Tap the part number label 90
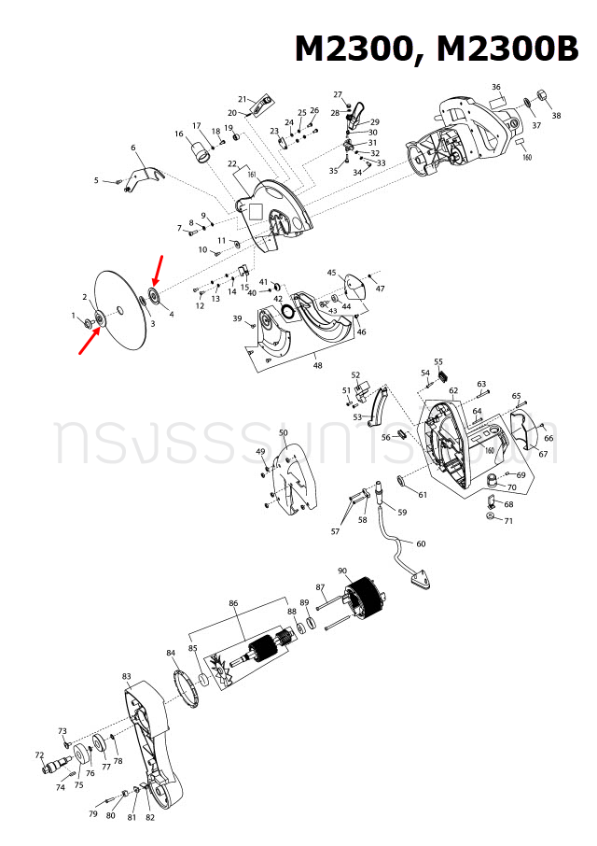pyautogui.click(x=342, y=571)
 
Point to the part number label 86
pyautogui.click(x=234, y=604)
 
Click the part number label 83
pyautogui.click(x=127, y=675)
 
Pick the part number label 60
pyautogui.click(x=420, y=543)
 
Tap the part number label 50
pyautogui.click(x=284, y=433)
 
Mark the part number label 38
pyautogui.click(x=556, y=116)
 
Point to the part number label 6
pyautogui.click(x=133, y=148)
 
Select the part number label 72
pyautogui.click(x=39, y=754)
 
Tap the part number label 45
pyautogui.click(x=331, y=273)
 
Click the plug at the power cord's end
pyautogui.click(x=421, y=578)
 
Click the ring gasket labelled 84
pyautogui.click(x=190, y=689)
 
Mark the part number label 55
pyautogui.click(x=438, y=361)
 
